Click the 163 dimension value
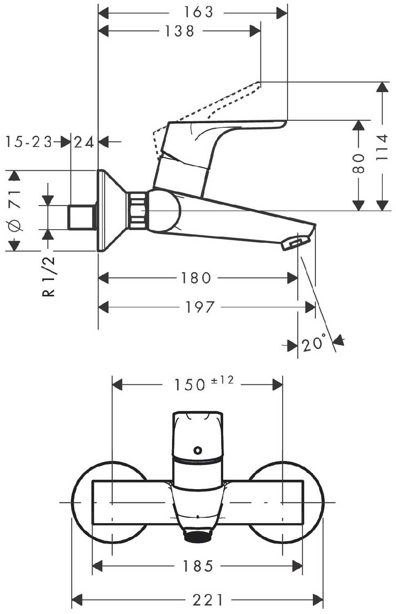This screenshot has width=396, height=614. [x=198, y=12]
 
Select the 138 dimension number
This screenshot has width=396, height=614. [x=179, y=31]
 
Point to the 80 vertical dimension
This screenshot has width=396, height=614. [x=358, y=163]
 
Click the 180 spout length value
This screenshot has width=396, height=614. [x=196, y=278]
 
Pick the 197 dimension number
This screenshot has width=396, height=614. [x=200, y=307]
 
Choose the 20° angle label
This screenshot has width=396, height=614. [x=314, y=344]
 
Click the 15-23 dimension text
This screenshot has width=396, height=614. [x=29, y=142]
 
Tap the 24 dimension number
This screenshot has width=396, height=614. [x=84, y=142]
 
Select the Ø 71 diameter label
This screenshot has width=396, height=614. [x=15, y=210]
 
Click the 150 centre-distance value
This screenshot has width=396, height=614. [x=190, y=385]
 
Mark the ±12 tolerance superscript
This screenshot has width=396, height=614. [x=222, y=380]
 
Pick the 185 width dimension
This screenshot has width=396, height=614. [x=198, y=566]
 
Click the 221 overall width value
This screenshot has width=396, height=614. [x=208, y=600]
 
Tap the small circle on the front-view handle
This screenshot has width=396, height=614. [x=198, y=451]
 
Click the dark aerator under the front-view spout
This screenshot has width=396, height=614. [x=198, y=535]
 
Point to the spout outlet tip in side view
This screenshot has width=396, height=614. [x=294, y=244]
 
